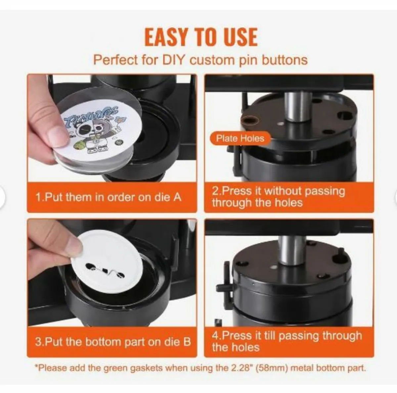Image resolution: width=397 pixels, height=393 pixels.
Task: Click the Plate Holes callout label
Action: click(x=240, y=138)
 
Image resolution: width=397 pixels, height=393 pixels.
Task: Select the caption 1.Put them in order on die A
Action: click(x=109, y=197)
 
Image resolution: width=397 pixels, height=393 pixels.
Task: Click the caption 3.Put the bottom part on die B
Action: click(x=113, y=341)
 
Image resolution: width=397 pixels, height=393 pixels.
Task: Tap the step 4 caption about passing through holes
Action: click(x=287, y=341)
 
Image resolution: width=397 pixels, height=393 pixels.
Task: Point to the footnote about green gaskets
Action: click(x=200, y=368)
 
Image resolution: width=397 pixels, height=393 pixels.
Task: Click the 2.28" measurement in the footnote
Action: click(x=238, y=368)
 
